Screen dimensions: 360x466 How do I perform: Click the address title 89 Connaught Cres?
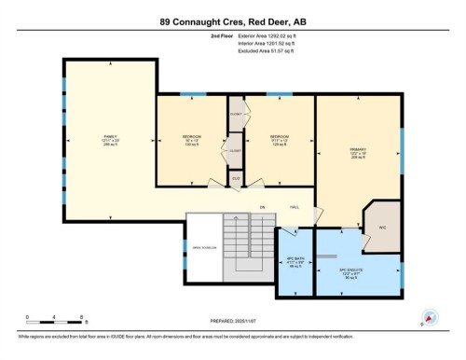pos(233,21)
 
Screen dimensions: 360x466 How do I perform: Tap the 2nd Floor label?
pos(197,37)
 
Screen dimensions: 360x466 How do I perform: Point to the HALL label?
pos(294,206)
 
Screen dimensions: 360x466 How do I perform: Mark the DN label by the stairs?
pos(263,206)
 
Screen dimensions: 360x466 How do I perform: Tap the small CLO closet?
pos(236,177)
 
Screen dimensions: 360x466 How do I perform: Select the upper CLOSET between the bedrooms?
pos(236,114)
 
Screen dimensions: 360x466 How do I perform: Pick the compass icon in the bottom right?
pos(431,317)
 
